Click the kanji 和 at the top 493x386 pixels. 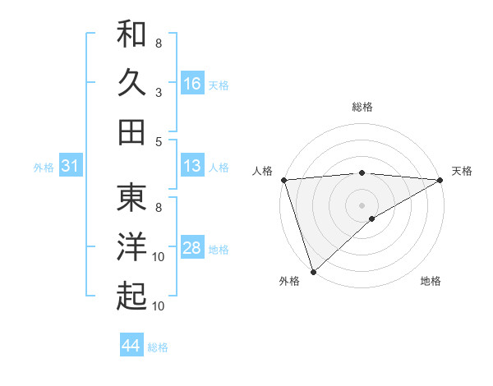[x=131, y=35]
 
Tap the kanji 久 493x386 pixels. [x=131, y=83]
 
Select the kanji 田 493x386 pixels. [x=131, y=131]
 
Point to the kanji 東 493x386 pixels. [x=131, y=197]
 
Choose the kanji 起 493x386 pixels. [x=131, y=296]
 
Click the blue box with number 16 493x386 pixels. [x=191, y=84]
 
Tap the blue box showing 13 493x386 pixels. [x=191, y=167]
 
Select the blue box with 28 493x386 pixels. [x=191, y=249]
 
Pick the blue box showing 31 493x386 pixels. [x=70, y=167]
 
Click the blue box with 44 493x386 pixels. [x=131, y=347]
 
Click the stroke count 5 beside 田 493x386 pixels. [x=159, y=141]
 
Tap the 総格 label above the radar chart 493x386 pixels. [x=362, y=107]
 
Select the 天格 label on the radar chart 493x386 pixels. [x=462, y=171]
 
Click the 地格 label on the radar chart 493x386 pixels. [x=431, y=282]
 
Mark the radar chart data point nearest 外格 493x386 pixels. [x=313, y=271]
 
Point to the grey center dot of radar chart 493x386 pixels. [x=362, y=204]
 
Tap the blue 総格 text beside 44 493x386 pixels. [x=158, y=347]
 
